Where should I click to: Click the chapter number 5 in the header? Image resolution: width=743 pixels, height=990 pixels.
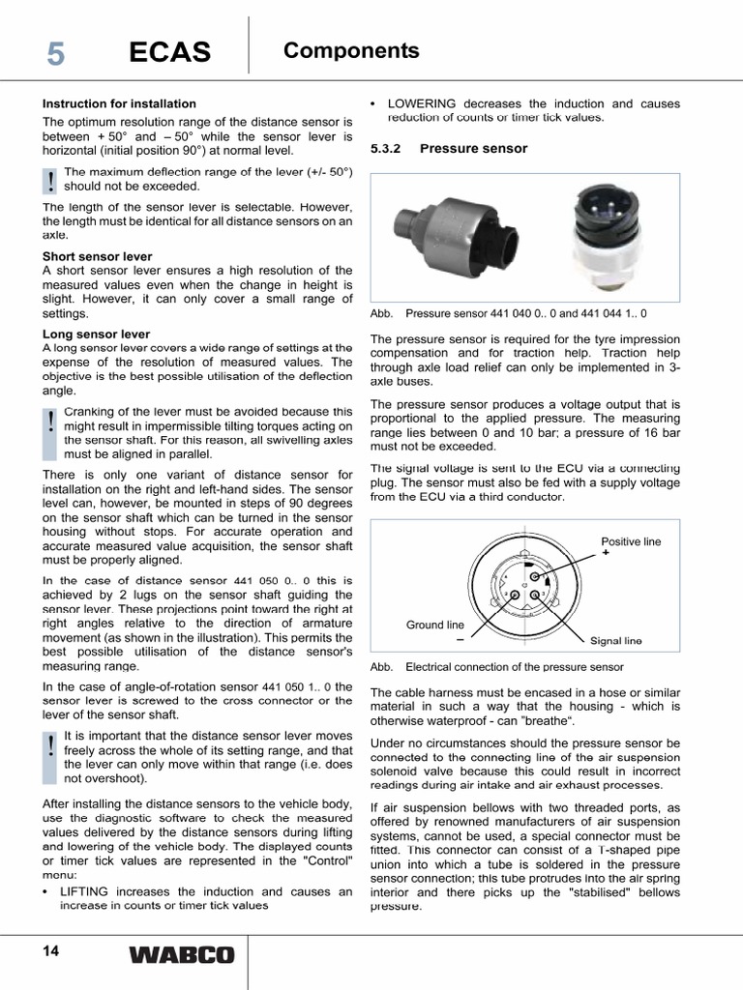point(56,55)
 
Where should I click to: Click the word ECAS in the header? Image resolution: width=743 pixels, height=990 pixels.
point(169,55)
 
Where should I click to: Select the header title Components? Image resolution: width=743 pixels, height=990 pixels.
point(351,51)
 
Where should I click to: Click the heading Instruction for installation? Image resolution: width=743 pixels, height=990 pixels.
point(119,103)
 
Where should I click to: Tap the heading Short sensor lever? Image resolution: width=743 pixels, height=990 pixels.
point(97,256)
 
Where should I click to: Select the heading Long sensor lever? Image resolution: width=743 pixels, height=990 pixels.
point(96,334)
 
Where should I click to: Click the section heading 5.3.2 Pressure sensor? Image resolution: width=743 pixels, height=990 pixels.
point(449,149)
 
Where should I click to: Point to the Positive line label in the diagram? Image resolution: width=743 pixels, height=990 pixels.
point(631,542)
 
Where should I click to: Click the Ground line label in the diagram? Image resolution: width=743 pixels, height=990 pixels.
point(434,626)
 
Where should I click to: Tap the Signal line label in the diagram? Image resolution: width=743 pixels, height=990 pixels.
point(615,641)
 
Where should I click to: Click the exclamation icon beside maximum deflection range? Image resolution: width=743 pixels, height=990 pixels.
point(50,180)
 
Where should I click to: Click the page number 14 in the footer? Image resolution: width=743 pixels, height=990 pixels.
point(50,951)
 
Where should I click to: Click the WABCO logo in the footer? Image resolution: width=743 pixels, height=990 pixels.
point(181,955)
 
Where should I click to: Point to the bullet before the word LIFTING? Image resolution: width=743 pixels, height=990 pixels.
point(45,892)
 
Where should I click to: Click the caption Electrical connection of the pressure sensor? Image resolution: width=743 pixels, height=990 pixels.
point(514,667)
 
